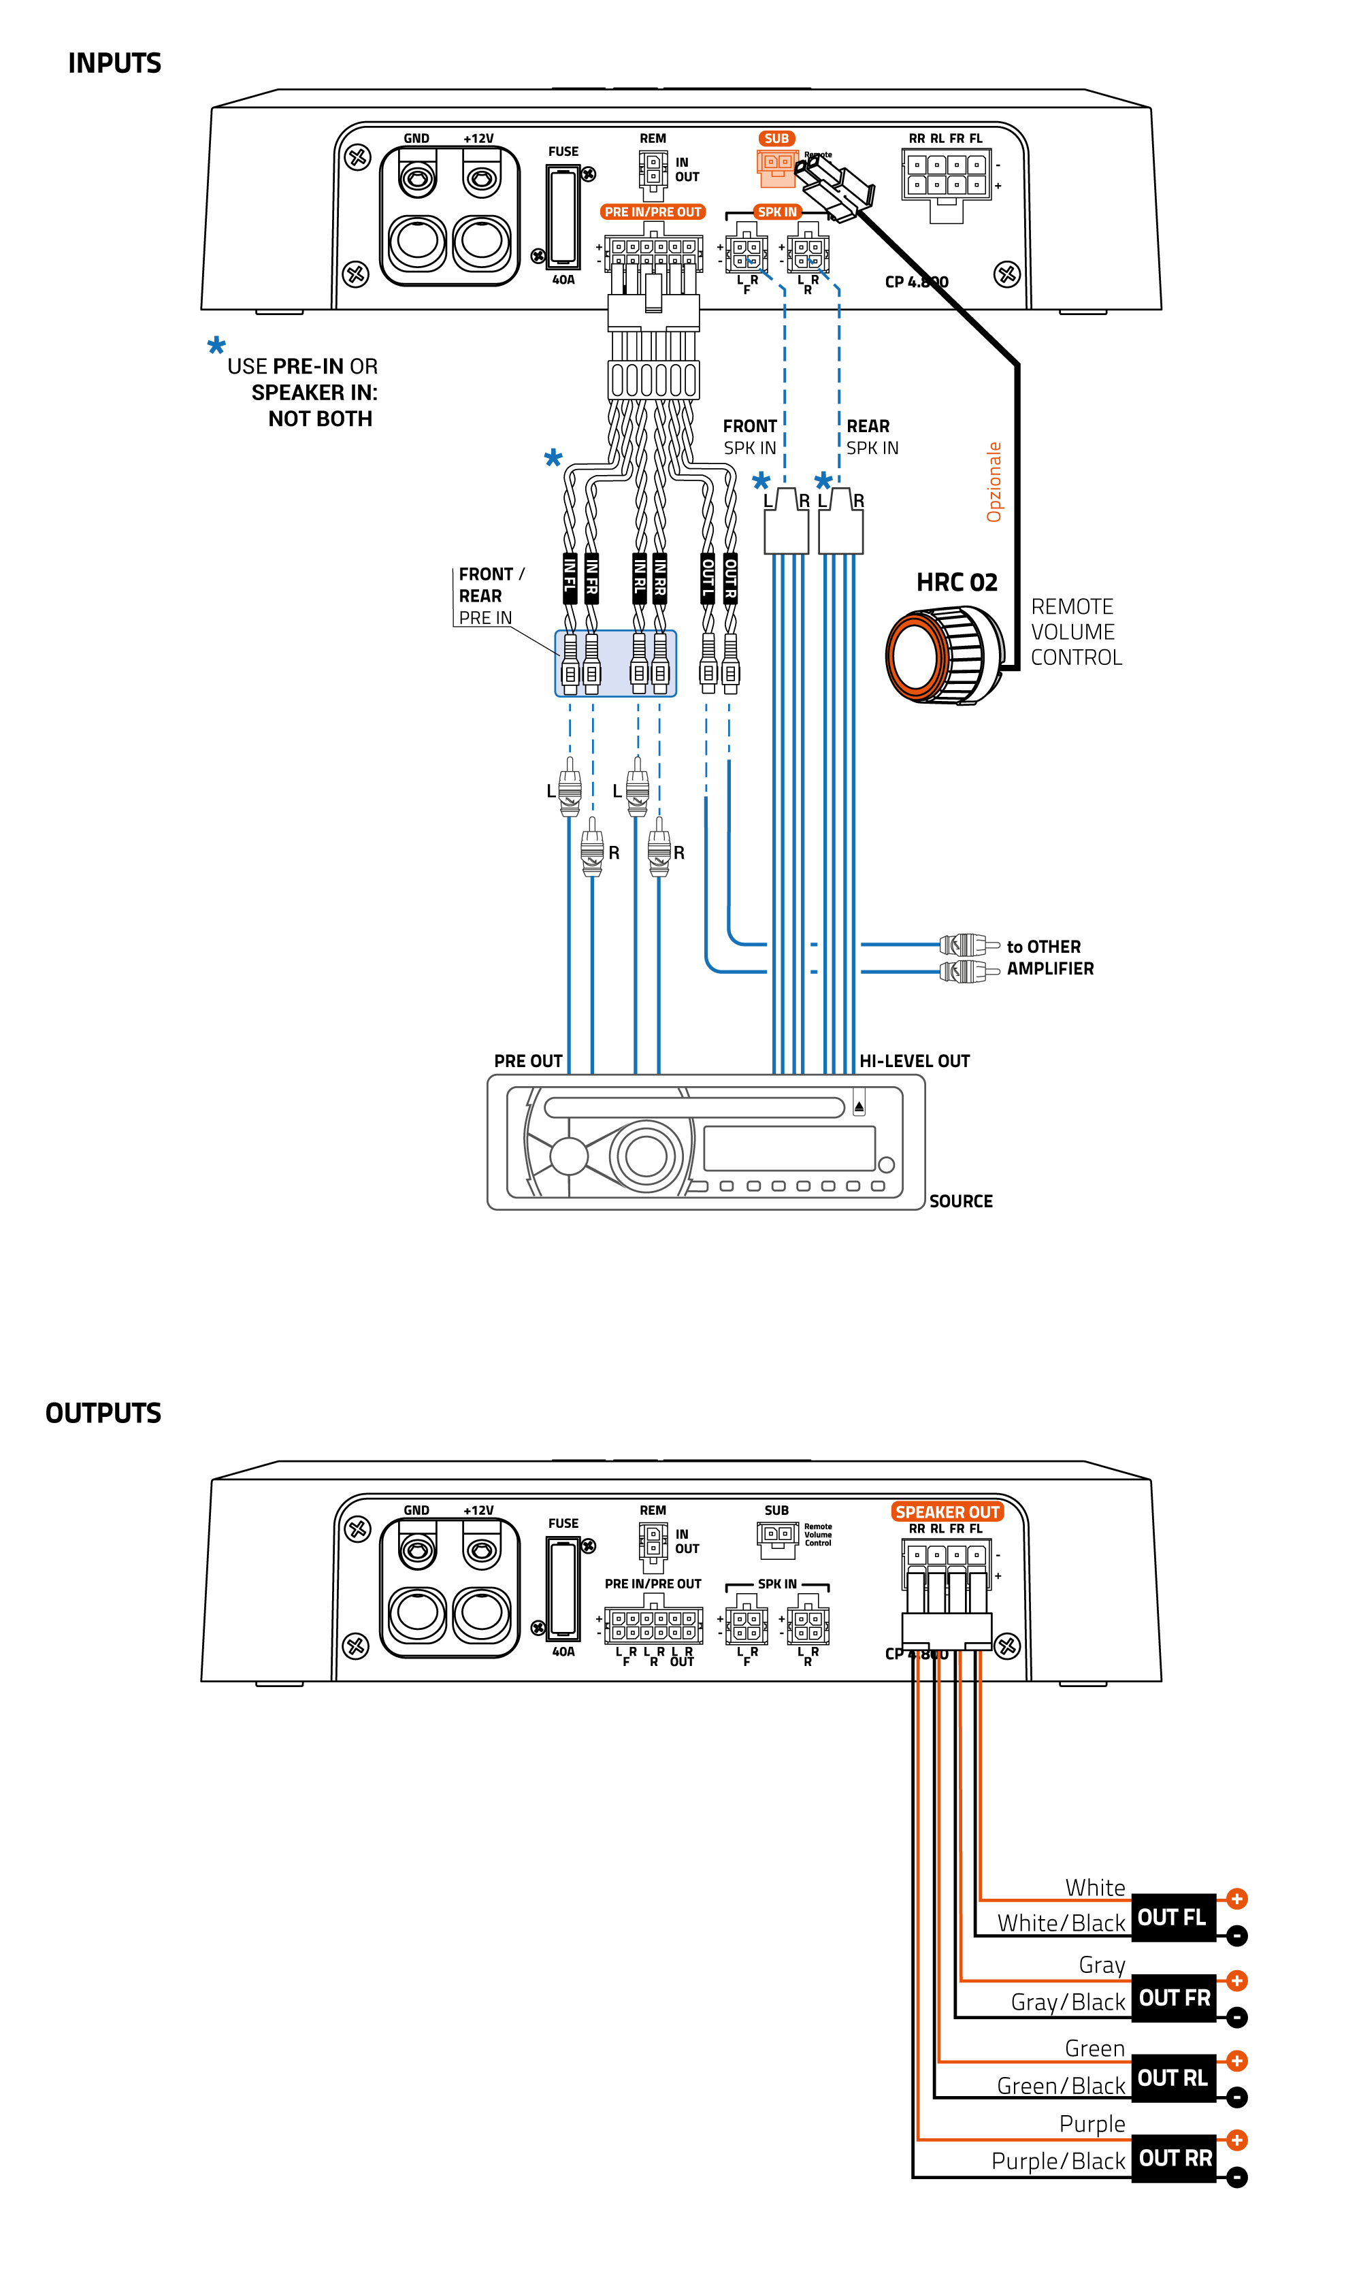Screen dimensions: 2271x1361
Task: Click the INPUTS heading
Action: point(114,63)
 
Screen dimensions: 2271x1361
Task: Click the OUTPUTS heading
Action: point(103,1414)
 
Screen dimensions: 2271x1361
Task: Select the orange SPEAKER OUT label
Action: point(947,1512)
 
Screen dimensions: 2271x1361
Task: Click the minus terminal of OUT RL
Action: point(1236,2097)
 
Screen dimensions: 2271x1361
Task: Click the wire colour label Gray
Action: point(1102,1965)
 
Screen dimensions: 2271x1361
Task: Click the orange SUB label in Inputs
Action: point(776,139)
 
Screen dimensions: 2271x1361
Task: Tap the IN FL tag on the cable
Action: point(570,578)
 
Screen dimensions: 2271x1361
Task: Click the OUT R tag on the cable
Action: point(730,578)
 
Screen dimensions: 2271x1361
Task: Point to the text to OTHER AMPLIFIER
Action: point(1049,958)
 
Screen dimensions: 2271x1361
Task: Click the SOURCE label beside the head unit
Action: point(960,1202)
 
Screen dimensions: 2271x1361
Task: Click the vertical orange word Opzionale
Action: point(994,483)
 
